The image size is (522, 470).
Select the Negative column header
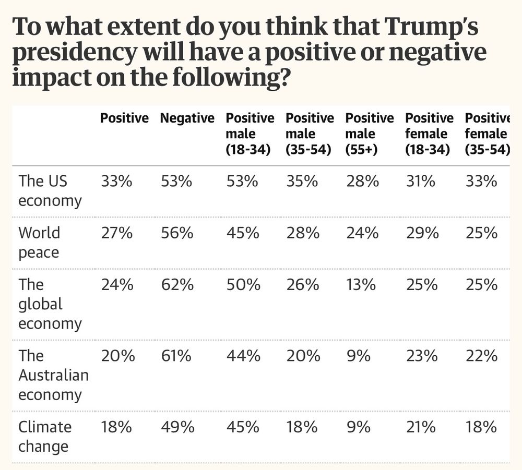pyautogui.click(x=187, y=118)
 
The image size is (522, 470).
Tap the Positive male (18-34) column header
pyautogui.click(x=250, y=134)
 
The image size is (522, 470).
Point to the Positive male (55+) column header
pyautogui.click(x=369, y=134)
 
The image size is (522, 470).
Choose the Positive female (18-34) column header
pyautogui.click(x=429, y=134)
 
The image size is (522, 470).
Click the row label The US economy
pyautogui.click(x=50, y=191)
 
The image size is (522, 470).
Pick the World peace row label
pyautogui.click(x=39, y=243)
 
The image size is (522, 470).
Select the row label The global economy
pyautogui.click(x=50, y=304)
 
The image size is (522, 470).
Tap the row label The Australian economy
pyautogui.click(x=53, y=375)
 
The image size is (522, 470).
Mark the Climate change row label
pyautogui.click(x=44, y=437)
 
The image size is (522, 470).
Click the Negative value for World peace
pyautogui.click(x=176, y=233)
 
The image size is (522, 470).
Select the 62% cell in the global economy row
pyautogui.click(x=176, y=285)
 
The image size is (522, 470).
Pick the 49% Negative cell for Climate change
pyautogui.click(x=177, y=428)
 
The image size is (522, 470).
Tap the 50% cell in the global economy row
pyautogui.click(x=242, y=285)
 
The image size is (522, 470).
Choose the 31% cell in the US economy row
pyautogui.click(x=420, y=182)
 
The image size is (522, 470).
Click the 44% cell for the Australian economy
pyautogui.click(x=243, y=356)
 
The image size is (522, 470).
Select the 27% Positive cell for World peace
pyautogui.click(x=116, y=233)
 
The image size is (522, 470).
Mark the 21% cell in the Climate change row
pyautogui.click(x=420, y=428)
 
